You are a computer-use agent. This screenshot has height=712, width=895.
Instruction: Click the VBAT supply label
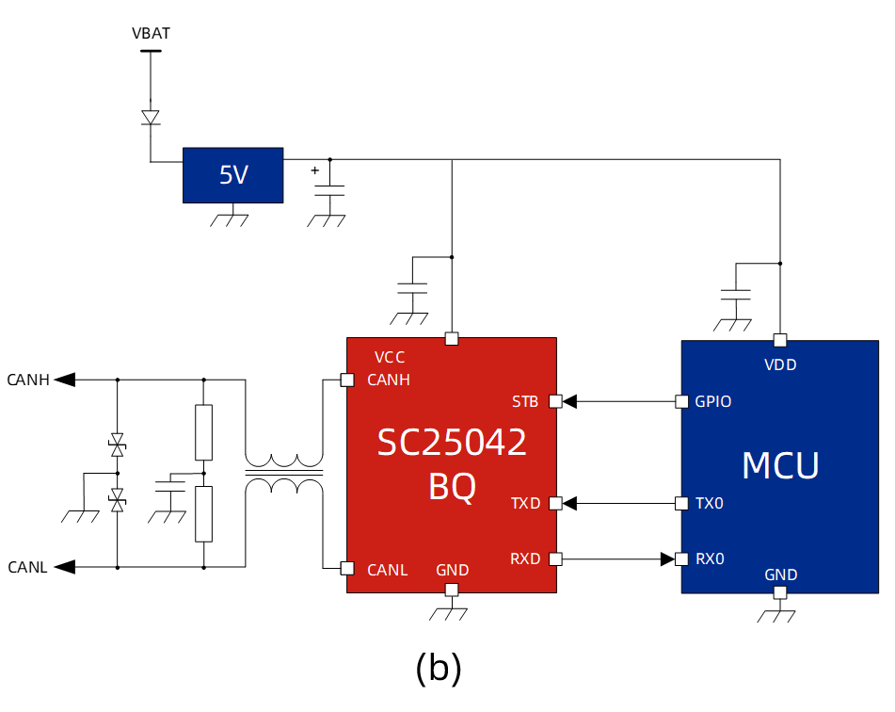[151, 34]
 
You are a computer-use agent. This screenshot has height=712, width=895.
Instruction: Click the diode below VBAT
[151, 117]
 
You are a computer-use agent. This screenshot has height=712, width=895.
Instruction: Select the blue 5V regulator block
[232, 175]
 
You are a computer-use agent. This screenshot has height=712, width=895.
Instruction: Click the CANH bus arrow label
[30, 380]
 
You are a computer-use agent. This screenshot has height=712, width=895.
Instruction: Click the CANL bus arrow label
[30, 567]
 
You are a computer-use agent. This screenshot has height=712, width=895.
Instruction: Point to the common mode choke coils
[284, 474]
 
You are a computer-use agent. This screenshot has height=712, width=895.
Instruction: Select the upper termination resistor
[203, 432]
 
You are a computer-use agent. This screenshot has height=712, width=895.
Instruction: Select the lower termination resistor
[203, 514]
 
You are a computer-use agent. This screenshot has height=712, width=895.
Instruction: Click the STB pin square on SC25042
[555, 401]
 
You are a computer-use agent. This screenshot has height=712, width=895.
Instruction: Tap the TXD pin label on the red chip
[525, 503]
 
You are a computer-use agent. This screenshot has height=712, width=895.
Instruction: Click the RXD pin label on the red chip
[525, 558]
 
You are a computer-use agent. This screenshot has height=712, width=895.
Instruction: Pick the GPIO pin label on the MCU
[713, 401]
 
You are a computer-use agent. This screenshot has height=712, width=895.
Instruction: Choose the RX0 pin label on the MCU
[710, 558]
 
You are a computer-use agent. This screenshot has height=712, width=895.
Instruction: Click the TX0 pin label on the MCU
[710, 503]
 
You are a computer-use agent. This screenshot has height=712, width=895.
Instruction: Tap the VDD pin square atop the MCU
[779, 340]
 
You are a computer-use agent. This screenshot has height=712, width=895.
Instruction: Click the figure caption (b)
[439, 668]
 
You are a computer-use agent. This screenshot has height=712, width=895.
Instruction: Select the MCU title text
[780, 465]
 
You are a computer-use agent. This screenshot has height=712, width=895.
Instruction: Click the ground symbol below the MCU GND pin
[779, 614]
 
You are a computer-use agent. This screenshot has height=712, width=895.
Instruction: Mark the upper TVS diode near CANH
[117, 442]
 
